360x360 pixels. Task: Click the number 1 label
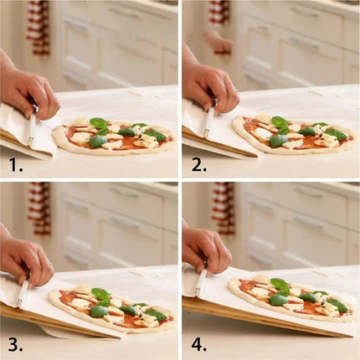pos(16,165)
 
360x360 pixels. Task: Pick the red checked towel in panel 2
pos(219,12)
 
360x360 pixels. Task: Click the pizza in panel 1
pos(113,138)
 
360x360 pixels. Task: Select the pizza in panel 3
pos(113,308)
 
